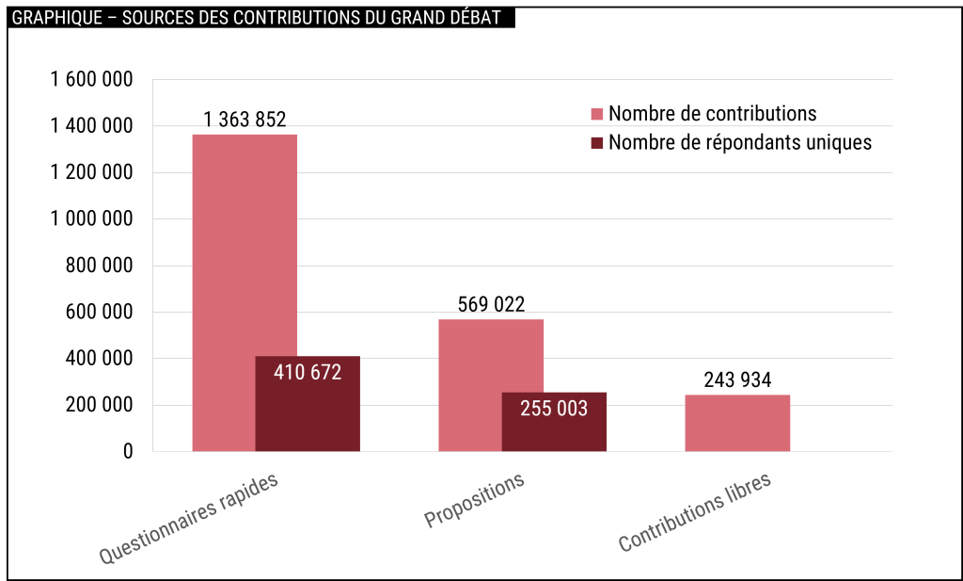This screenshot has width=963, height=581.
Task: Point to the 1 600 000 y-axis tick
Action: pos(90,79)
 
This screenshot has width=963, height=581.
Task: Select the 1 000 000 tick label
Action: pos(90,219)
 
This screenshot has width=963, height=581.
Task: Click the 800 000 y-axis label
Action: pos(99,266)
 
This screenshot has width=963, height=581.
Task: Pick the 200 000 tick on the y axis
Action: pos(99,406)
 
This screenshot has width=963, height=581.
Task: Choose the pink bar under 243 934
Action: pos(737,424)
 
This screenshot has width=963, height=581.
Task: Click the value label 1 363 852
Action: pos(245,120)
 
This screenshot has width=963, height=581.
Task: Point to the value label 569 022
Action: pos(491,305)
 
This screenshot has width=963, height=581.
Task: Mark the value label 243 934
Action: pos(737,380)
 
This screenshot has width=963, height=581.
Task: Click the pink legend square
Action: pos(596,114)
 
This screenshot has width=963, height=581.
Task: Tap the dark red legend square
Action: pos(596,143)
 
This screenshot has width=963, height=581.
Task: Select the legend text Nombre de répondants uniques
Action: pos(740,143)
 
